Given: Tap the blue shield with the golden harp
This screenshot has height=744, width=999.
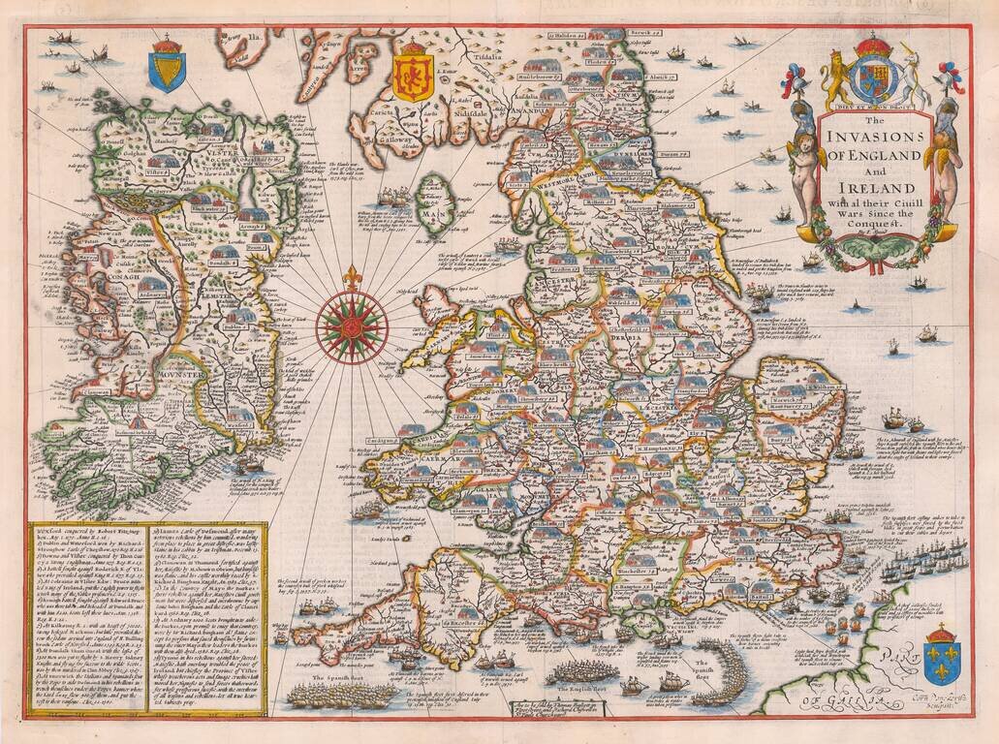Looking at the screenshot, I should (x=167, y=71).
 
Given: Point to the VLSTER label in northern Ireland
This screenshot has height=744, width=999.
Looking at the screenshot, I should (x=191, y=153).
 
